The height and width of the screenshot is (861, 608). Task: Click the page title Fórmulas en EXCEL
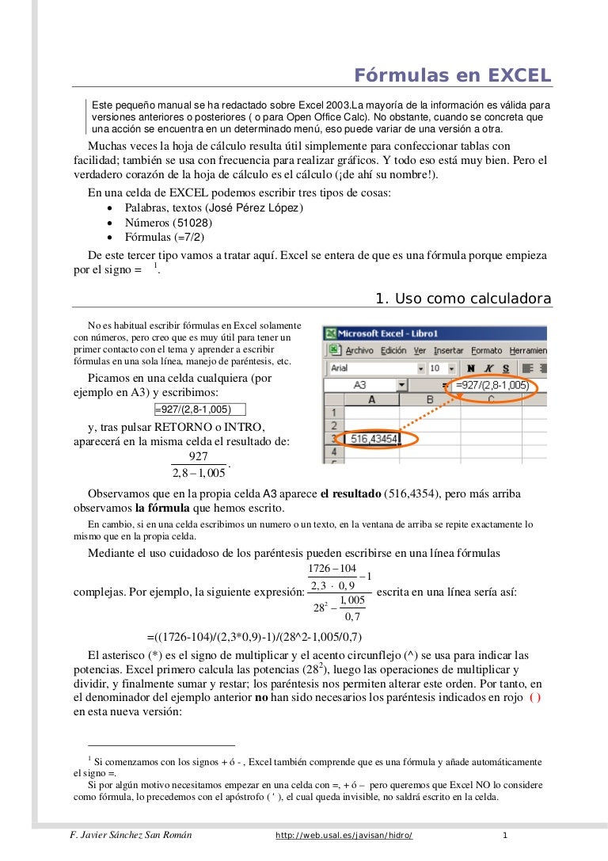pos(452,75)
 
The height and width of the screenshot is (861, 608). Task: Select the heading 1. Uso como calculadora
pos(463,299)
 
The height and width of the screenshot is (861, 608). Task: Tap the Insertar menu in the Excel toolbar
pos(449,350)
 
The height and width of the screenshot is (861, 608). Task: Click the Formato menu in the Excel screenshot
pos(486,350)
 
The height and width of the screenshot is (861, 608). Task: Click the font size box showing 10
pos(436,368)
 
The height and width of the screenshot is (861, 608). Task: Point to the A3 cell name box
pos(359,385)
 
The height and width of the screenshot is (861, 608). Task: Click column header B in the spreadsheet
pos(430,399)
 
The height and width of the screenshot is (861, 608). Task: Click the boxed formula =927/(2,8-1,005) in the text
pos(199,410)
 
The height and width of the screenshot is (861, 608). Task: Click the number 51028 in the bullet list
pos(193,223)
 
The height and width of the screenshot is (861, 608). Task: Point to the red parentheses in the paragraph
pos(535,697)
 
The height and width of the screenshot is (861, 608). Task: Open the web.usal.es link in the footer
pos(344,836)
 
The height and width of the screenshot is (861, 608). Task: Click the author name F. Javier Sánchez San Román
pos(131,836)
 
